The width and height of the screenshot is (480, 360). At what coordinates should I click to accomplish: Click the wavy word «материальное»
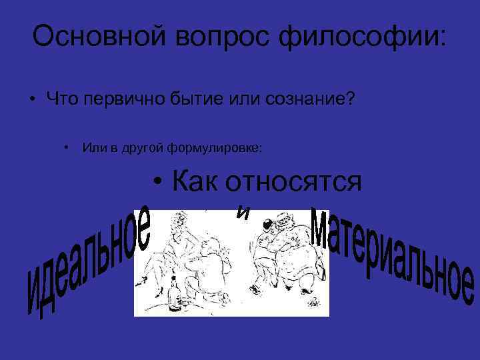pos(393,257)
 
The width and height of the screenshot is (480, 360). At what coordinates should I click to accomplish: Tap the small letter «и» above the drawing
pos(244,212)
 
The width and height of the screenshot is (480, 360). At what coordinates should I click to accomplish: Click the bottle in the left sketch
pos(175,297)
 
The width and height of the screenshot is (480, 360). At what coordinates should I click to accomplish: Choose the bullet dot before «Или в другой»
pos(67,147)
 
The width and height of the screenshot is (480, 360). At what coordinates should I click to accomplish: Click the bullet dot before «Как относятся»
pos(157,181)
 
